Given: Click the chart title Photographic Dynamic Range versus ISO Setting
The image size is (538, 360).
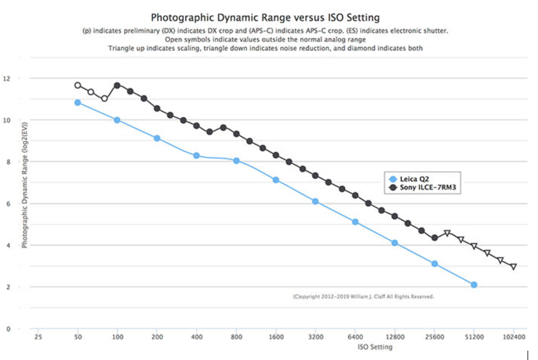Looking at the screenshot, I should point(265,18).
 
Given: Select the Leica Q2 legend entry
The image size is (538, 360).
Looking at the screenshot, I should point(414,179).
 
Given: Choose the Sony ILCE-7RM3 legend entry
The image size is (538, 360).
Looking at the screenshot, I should point(427,188).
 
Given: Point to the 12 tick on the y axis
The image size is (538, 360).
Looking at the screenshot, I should point(7,79).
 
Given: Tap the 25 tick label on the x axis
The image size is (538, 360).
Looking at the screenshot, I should point(38,337).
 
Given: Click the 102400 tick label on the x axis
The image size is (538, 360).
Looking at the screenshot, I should point(514,337).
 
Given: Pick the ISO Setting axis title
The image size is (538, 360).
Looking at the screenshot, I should point(375,347).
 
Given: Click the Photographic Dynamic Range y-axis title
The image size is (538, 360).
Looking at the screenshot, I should point(24,185).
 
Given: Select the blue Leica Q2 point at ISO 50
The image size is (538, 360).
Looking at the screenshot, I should point(78,102).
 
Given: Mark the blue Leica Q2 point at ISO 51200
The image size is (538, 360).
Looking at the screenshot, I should point(474,285).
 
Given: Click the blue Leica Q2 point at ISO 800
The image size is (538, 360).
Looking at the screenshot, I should point(236,161).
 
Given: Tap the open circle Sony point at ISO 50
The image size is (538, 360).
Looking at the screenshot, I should point(78,85).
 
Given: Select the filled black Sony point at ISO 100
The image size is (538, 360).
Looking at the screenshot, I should point(117,85).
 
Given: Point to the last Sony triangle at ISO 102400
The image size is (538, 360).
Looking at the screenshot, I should point(514,267).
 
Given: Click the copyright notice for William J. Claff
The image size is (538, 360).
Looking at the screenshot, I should point(363,297).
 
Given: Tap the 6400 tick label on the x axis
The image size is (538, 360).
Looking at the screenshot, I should point(355,337).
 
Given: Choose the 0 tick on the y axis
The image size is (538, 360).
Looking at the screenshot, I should point(8,329).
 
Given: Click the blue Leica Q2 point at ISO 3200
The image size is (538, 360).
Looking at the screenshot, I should point(315,201).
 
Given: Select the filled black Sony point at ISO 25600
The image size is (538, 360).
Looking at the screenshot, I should point(435,238).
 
